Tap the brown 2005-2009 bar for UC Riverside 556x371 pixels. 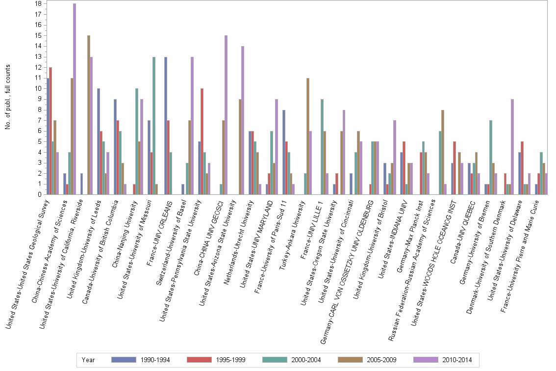(x=88, y=115)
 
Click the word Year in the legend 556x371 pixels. (x=89, y=360)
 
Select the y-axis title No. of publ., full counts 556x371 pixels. (x=8, y=97)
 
